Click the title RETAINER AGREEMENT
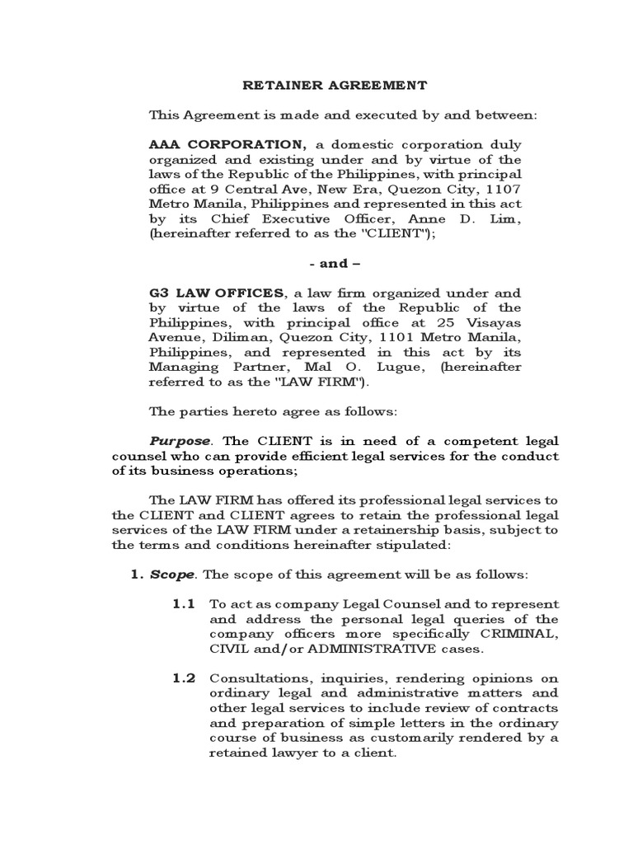pyautogui.click(x=335, y=85)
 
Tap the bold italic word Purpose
pyautogui.click(x=178, y=441)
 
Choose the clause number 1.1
pyautogui.click(x=184, y=604)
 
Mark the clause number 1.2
pyautogui.click(x=184, y=678)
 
